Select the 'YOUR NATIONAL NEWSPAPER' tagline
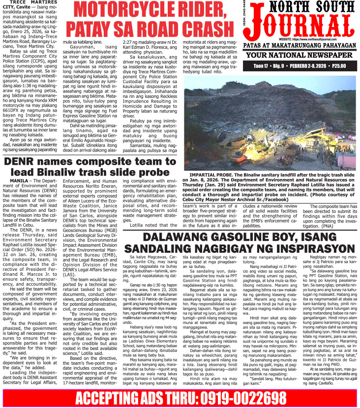coord(300,55)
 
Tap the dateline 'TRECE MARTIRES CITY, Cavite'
coord(30,6)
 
